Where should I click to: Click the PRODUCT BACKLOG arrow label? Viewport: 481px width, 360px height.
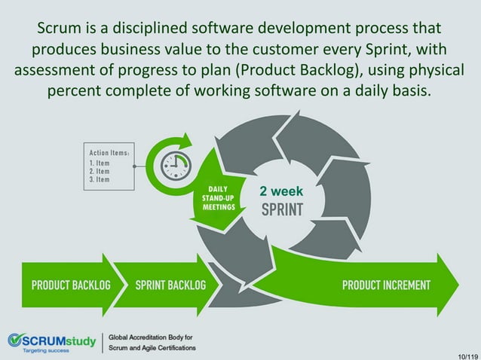coord(70,285)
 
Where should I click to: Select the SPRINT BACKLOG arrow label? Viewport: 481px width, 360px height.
coord(170,285)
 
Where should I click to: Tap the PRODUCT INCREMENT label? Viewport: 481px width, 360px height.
coord(386,285)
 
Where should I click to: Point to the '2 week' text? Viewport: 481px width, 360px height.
coord(280,191)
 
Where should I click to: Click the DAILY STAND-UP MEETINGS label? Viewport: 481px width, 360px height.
coord(217,198)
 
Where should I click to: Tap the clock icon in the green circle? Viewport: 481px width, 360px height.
coord(176,163)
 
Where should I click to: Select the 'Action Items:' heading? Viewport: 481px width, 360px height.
coord(109,152)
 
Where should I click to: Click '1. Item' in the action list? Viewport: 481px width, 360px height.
coord(100,162)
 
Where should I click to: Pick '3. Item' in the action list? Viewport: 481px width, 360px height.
coord(100,179)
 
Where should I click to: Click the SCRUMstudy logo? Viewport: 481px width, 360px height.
coord(52,340)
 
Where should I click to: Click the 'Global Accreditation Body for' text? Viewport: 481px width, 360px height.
coord(151,337)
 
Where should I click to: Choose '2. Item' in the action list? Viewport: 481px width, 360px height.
coord(100,171)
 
